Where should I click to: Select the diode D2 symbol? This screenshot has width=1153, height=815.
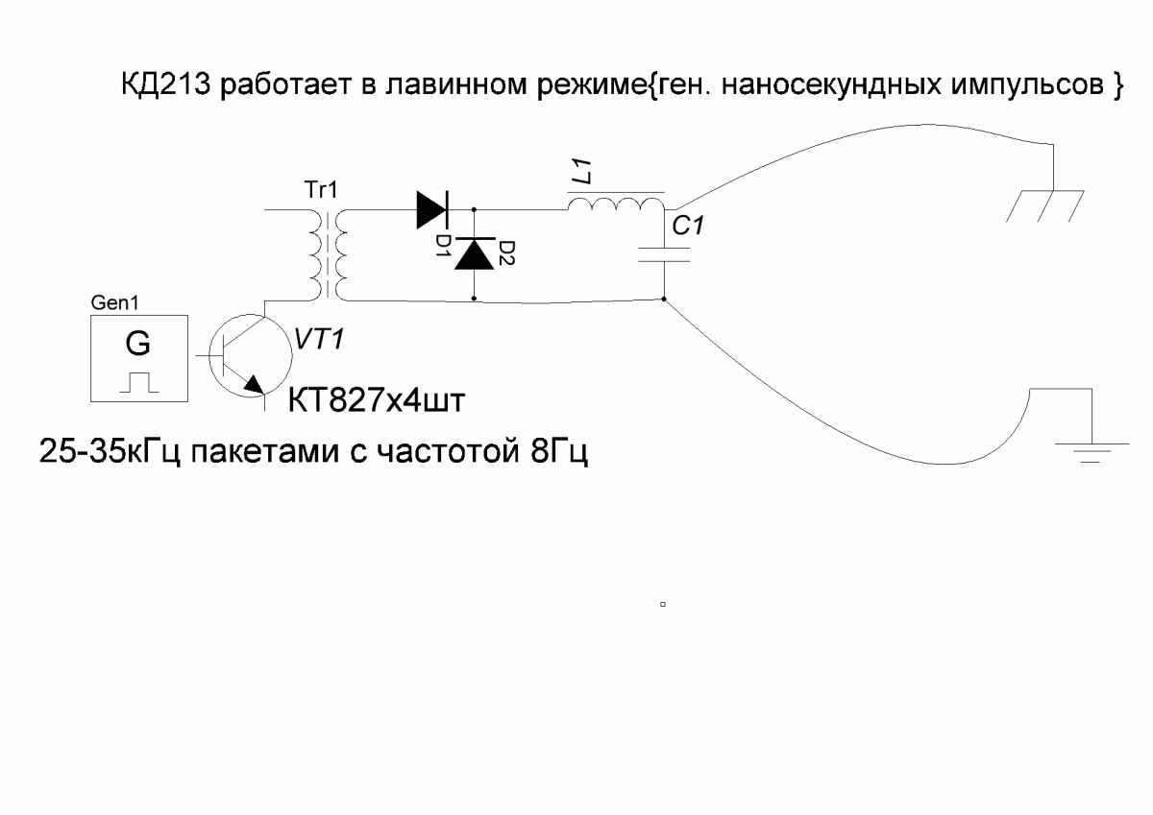click(x=475, y=253)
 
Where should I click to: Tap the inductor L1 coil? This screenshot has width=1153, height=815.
click(x=616, y=205)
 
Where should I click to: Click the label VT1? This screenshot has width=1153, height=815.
click(x=320, y=340)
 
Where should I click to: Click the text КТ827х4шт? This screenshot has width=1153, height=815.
click(x=377, y=399)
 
